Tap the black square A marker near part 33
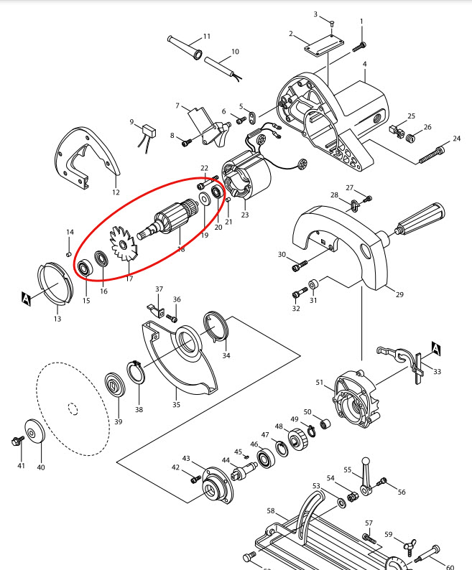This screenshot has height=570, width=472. click(435, 347)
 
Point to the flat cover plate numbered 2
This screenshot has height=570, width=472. click(316, 48)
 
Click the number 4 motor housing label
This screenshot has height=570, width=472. click(364, 65)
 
